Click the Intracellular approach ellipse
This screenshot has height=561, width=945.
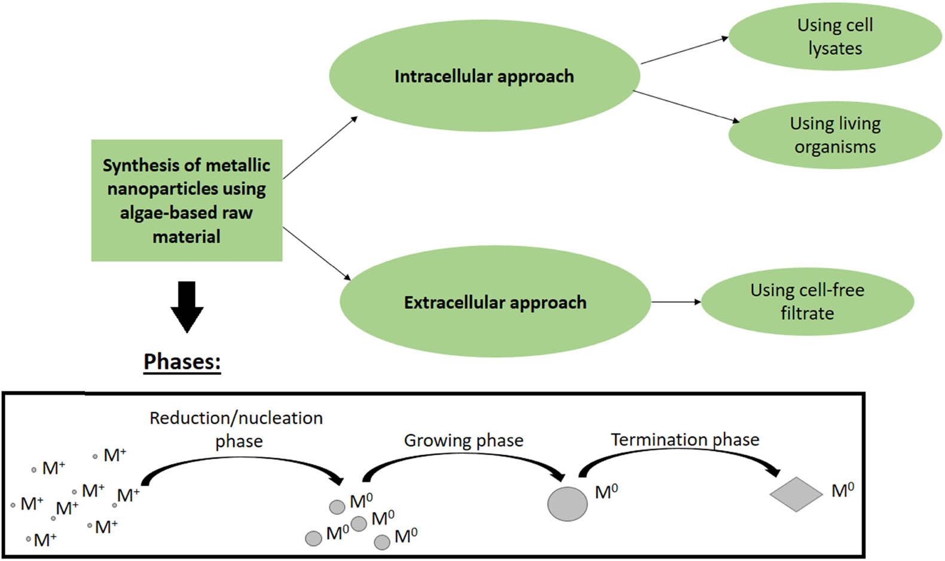point(484,76)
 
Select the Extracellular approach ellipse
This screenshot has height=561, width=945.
point(495,302)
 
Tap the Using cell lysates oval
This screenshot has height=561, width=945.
point(835,36)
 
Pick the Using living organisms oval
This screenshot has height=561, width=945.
point(835,135)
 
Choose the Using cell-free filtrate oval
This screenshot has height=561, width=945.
point(807,301)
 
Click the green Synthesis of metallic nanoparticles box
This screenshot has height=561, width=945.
point(186,200)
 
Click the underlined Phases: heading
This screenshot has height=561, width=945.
point(182,362)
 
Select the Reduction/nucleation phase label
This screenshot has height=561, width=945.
point(237,429)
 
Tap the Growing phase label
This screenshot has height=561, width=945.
point(463,441)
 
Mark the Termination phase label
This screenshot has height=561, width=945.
point(685,440)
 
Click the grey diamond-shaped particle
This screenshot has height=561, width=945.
point(796,494)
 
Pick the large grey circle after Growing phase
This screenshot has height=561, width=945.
point(567,504)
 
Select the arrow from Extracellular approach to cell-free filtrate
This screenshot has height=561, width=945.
point(675,302)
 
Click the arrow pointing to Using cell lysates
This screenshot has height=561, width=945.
point(684,50)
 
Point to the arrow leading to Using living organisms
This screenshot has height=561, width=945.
point(686,106)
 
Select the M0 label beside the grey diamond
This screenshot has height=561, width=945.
point(843,491)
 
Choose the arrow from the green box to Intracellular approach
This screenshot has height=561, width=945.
point(320,148)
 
